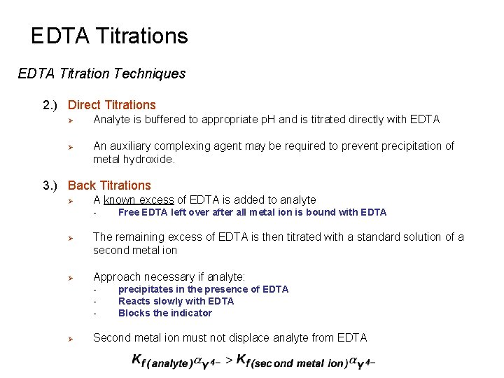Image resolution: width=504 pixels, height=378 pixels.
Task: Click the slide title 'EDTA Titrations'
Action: click(110, 36)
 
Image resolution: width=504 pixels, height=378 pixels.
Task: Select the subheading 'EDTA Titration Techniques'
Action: click(101, 73)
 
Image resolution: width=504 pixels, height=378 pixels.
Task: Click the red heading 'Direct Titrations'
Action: click(112, 105)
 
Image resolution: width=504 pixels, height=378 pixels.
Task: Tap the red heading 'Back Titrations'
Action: click(109, 185)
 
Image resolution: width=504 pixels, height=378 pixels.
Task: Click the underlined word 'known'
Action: click(120, 200)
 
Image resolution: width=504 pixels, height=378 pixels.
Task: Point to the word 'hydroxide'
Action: click(148, 160)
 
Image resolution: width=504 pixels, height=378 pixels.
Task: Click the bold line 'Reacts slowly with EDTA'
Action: click(176, 301)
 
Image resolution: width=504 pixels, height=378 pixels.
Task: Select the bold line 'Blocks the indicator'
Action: click(165, 313)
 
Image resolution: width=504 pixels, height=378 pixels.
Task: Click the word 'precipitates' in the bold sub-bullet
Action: click(145, 289)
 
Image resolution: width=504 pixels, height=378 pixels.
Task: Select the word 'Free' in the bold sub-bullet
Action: click(129, 212)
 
